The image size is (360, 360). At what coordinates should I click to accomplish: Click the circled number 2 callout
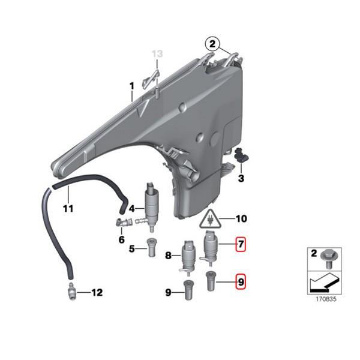[211, 43]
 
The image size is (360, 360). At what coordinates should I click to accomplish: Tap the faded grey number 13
[157, 55]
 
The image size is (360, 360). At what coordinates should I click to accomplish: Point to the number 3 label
[241, 178]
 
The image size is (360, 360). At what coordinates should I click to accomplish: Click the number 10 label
[241, 219]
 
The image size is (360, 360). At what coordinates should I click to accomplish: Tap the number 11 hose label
[68, 209]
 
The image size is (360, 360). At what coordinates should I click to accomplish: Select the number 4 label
[131, 210]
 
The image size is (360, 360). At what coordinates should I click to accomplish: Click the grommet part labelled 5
[151, 245]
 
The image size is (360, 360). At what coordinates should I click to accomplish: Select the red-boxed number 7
[240, 245]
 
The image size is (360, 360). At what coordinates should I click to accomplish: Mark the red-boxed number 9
[240, 280]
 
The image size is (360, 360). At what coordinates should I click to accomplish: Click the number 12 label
[97, 293]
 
